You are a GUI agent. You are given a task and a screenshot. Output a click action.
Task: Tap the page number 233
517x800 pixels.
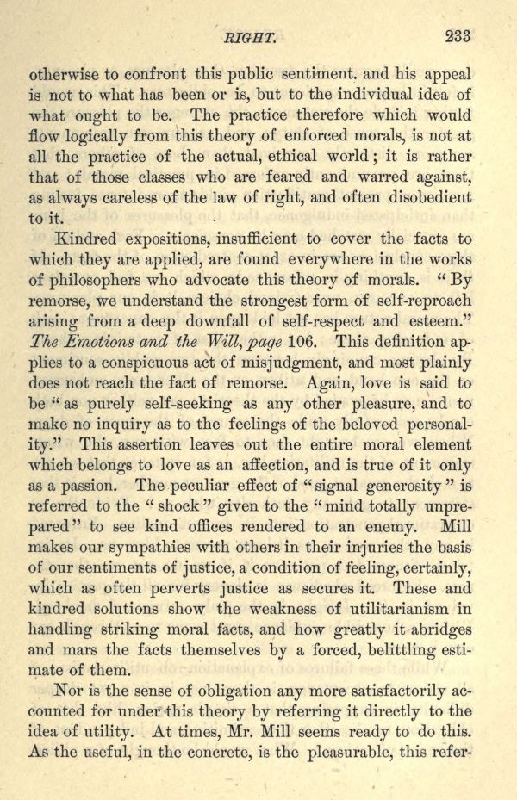pyautogui.click(x=458, y=36)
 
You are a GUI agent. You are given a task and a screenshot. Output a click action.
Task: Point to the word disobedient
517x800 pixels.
pyautogui.click(x=430, y=197)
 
